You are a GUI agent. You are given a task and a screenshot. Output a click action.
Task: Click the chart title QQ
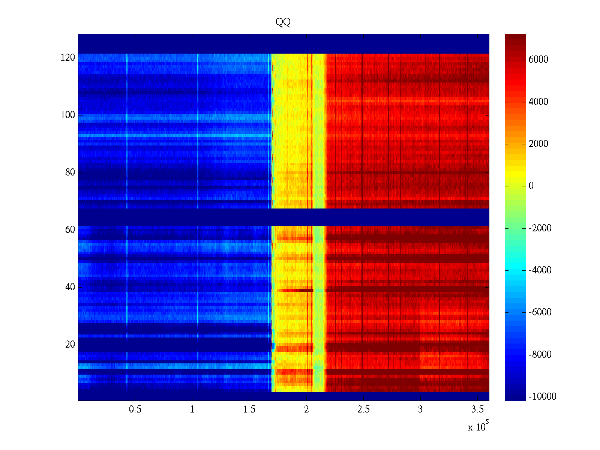pos(283,22)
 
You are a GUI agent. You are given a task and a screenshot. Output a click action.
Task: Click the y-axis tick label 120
pos(68,58)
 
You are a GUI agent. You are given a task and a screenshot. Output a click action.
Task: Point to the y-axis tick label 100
pos(68,115)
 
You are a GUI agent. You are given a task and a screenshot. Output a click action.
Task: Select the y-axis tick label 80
pos(70,172)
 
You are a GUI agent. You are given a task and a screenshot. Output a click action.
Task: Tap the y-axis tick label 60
pos(70,230)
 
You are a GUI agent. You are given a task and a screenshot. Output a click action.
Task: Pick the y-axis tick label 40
pos(70,287)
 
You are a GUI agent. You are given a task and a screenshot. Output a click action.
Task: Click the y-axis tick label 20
pos(70,345)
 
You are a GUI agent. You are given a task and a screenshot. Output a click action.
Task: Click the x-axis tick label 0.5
pos(135,409)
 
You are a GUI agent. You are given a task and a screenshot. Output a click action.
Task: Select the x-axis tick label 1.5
pos(249,409)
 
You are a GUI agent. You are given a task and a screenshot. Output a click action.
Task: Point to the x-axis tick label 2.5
pos(363,409)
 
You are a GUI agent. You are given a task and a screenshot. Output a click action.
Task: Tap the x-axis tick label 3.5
pos(477,409)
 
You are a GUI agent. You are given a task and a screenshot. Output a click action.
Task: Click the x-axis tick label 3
pos(420,409)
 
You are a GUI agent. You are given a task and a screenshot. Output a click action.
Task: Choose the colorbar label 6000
pos(538,60)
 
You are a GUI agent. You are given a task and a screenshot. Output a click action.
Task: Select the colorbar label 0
pos(531,186)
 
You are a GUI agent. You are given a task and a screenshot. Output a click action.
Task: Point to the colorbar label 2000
pos(538,144)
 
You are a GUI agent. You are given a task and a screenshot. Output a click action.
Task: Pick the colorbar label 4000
pos(538,102)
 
